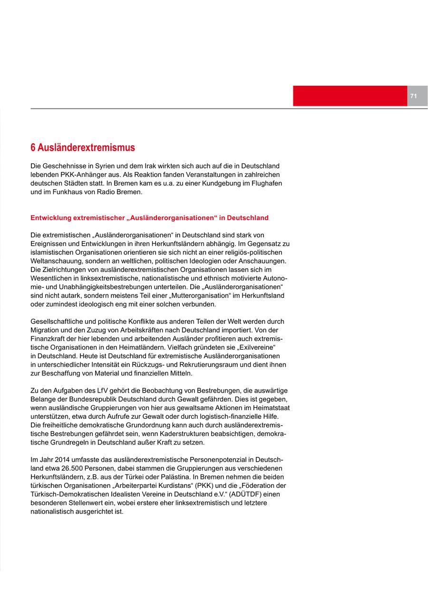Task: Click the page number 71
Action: [413, 96]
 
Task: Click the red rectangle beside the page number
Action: [350, 96]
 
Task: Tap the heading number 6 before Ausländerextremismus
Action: [33, 148]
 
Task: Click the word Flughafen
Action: [263, 183]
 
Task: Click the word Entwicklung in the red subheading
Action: [51, 218]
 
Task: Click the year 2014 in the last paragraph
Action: [63, 460]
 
